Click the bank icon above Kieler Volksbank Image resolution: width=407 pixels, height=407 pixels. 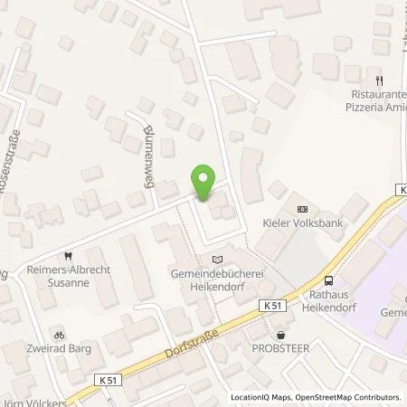point(301,206)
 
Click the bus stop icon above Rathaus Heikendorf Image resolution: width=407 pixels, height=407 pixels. point(328,281)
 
